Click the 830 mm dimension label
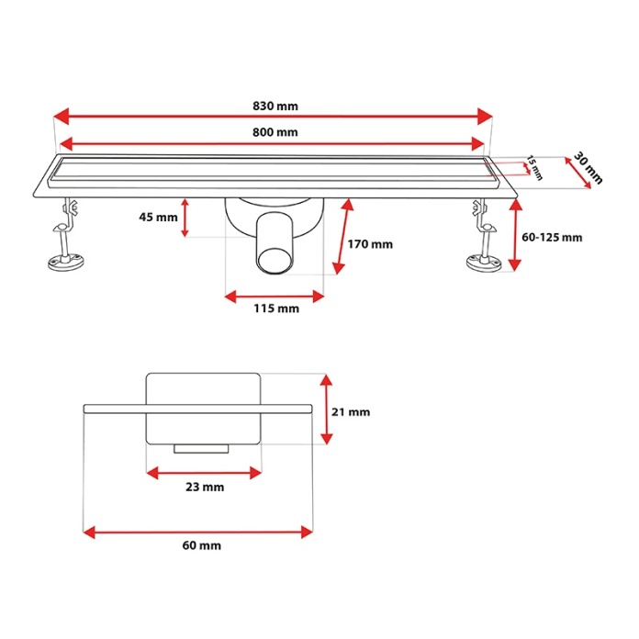tap(275, 106)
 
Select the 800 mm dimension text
tap(275, 132)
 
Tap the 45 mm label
tap(158, 217)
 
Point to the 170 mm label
tap(370, 244)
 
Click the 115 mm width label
tap(276, 308)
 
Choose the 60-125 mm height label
tap(552, 237)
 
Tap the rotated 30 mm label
tap(588, 168)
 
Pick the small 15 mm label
tap(534, 167)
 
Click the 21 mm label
tap(351, 412)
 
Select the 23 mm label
tap(205, 487)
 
